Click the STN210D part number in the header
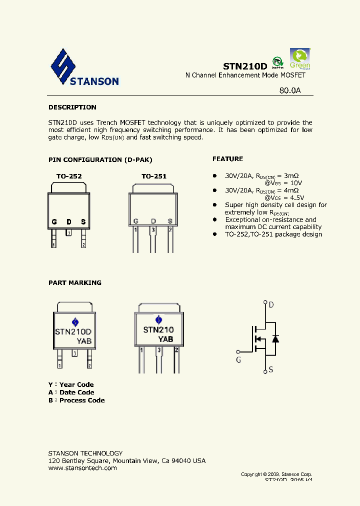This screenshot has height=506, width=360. (245, 66)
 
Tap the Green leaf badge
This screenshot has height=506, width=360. (300, 58)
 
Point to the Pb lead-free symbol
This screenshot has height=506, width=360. (277, 61)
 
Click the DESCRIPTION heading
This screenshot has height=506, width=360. (72, 107)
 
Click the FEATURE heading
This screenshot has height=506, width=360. (227, 159)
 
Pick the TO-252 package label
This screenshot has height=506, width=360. (68, 176)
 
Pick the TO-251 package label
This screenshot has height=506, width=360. (153, 176)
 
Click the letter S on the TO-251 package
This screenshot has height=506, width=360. (170, 221)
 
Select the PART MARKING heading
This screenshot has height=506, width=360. (74, 283)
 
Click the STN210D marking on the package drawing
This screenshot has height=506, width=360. (73, 331)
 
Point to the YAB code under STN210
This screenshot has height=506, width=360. (166, 339)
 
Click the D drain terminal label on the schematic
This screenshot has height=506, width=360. (271, 305)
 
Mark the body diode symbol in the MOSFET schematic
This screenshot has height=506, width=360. (274, 338)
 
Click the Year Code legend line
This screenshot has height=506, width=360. (71, 384)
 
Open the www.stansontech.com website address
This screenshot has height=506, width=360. (82, 468)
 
